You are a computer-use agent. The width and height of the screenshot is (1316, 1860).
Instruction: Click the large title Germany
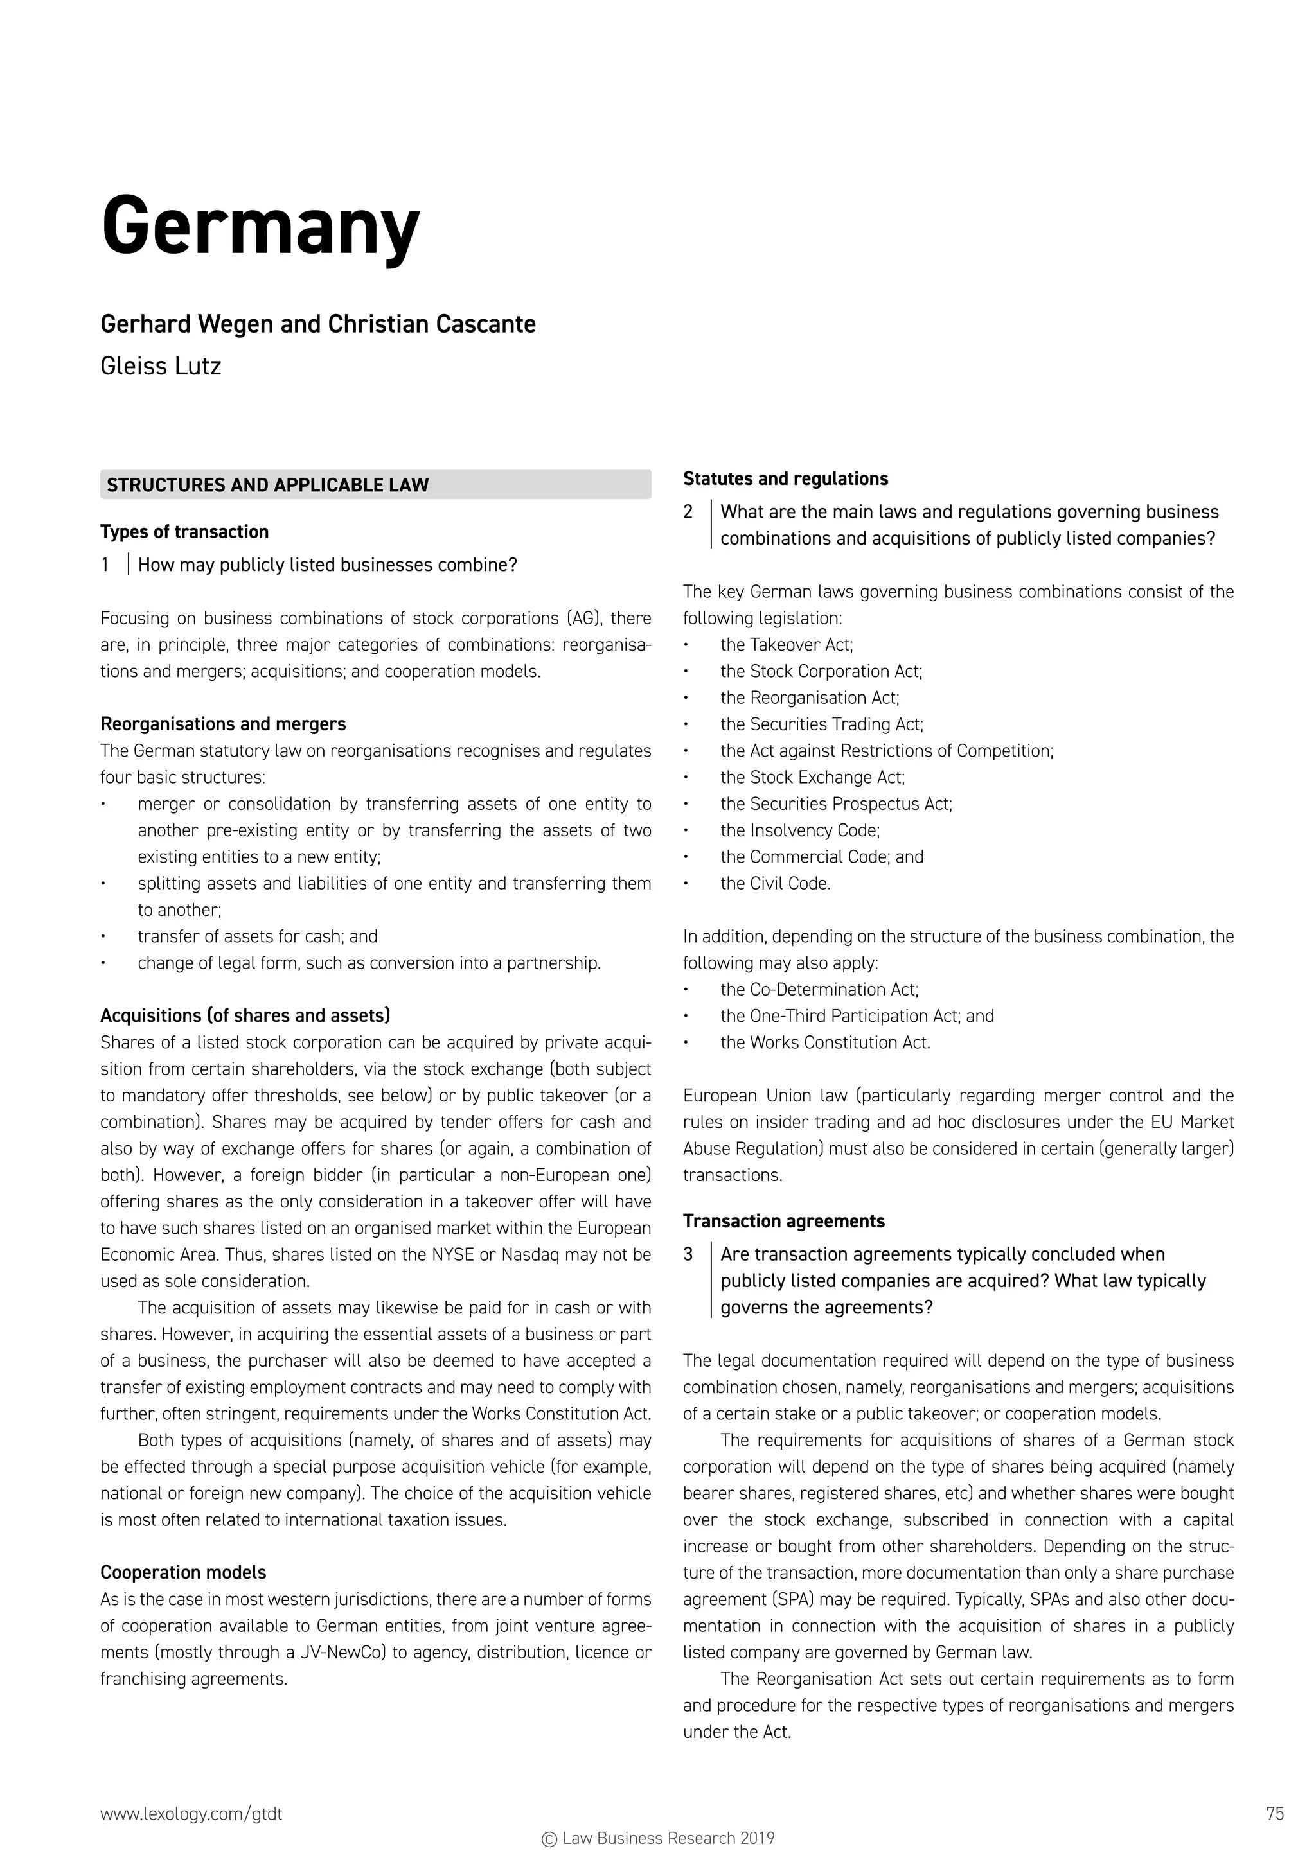(260, 227)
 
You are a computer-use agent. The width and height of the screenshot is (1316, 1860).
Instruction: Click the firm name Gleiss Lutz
(161, 366)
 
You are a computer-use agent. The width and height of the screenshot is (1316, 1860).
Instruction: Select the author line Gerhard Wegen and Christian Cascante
(317, 324)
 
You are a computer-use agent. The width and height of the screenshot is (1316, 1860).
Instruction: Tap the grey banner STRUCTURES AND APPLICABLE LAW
(375, 484)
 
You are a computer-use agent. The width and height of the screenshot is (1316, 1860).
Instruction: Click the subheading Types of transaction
(184, 531)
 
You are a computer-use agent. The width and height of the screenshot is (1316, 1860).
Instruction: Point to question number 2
(688, 512)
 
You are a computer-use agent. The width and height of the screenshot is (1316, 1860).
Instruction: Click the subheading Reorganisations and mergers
(223, 723)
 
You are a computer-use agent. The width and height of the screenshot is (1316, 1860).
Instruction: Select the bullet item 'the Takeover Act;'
(786, 644)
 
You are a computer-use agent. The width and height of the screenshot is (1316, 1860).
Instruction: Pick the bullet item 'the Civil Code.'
(776, 883)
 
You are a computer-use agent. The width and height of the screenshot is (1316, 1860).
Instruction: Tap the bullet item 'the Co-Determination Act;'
(819, 989)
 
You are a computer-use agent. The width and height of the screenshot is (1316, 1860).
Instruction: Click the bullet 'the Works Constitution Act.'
(825, 1042)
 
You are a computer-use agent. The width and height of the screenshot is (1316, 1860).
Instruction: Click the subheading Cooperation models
(183, 1572)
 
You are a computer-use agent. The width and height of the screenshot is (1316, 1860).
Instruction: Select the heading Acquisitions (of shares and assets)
(245, 1015)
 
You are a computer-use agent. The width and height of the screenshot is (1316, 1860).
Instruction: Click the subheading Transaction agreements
(783, 1221)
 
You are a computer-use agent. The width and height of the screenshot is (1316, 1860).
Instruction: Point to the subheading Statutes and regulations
(785, 478)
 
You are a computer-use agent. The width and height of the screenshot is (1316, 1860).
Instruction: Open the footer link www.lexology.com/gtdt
(191, 1814)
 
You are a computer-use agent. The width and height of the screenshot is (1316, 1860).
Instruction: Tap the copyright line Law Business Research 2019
(658, 1838)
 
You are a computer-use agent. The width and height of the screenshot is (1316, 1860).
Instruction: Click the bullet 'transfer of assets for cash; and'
(257, 936)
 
